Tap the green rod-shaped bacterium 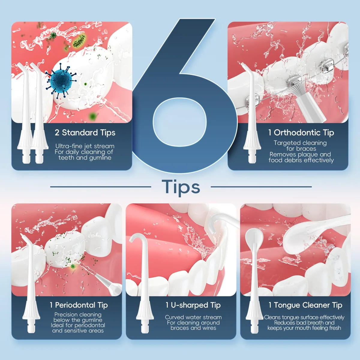79,41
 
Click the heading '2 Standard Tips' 85,133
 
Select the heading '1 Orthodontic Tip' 301,133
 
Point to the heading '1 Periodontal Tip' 79,305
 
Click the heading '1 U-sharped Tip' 193,305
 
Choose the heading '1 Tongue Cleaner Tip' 305,305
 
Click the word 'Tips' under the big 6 181,187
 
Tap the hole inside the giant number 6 180,122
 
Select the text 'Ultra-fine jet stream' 85,146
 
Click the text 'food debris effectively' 301,160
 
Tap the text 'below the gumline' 78,320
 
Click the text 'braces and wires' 193,328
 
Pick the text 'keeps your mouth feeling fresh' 304,328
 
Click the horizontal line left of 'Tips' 100,187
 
